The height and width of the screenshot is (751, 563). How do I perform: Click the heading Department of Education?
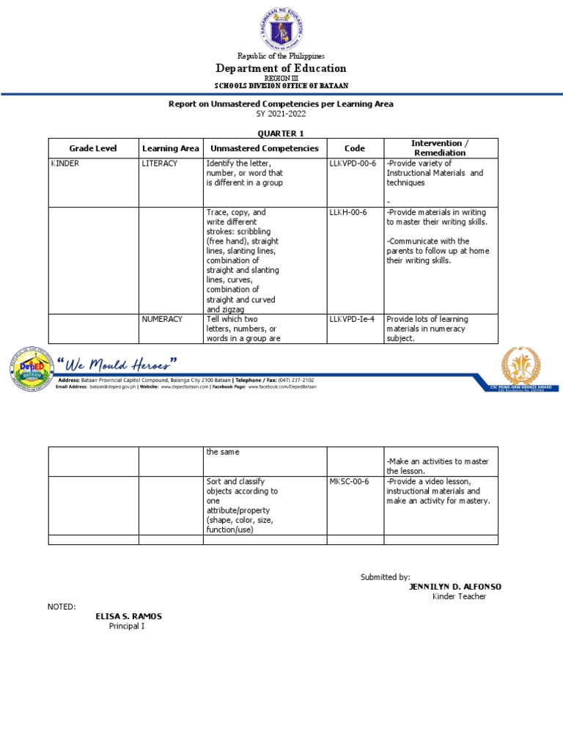click(281, 68)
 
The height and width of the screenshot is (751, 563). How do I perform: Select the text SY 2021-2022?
click(281, 114)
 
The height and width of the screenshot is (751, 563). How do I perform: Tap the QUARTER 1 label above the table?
click(281, 133)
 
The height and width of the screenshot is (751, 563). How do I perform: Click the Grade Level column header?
click(93, 148)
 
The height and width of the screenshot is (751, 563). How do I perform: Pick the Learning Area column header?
click(170, 148)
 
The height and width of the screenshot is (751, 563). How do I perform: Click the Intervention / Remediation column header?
click(441, 147)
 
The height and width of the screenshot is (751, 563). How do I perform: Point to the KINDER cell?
click(65, 164)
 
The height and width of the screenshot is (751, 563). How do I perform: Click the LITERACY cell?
click(160, 164)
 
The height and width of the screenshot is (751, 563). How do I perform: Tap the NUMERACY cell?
click(162, 320)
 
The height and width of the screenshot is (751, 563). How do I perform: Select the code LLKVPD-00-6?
click(353, 164)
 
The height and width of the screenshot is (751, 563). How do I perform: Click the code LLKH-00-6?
click(348, 213)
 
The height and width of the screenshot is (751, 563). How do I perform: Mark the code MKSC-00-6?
click(350, 482)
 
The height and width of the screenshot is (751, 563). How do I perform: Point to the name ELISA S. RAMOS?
click(128, 616)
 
